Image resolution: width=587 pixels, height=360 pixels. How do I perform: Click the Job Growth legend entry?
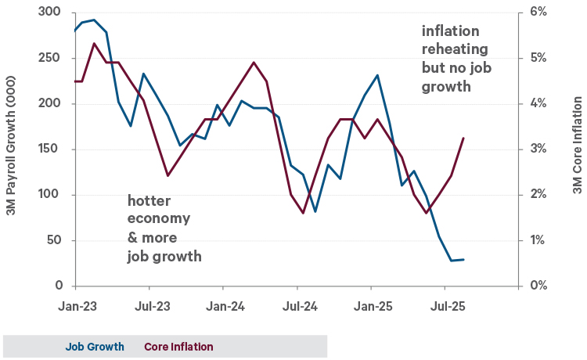pos(94,347)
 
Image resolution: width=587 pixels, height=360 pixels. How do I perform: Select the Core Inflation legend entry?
pos(178,347)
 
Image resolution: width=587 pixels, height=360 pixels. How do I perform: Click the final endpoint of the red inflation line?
pos(464,139)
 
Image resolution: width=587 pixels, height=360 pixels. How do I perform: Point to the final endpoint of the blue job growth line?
pos(464,259)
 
